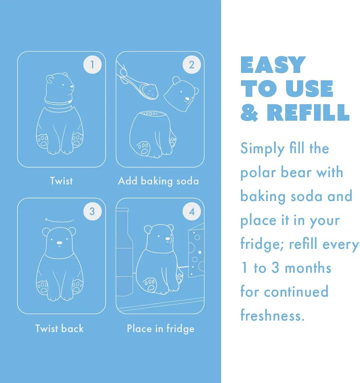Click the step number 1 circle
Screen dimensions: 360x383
click(92, 65)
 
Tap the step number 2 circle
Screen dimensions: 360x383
click(192, 65)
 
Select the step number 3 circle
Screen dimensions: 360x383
click(92, 211)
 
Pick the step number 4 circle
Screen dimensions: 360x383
click(192, 211)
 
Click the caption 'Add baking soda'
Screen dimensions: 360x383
click(158, 181)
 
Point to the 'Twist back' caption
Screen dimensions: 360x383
click(59, 329)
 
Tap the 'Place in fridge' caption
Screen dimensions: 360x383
click(161, 329)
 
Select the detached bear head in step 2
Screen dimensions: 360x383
click(181, 94)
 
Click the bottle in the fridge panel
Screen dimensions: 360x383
click(124, 252)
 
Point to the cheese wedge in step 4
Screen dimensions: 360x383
click(196, 250)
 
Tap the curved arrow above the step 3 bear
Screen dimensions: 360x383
click(60, 220)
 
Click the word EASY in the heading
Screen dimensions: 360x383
click(273, 65)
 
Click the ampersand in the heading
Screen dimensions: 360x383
click(249, 113)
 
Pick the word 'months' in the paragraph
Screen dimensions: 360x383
click(308, 268)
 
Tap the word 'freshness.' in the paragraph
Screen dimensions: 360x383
click(272, 315)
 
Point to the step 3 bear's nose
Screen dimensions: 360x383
click(59, 242)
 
